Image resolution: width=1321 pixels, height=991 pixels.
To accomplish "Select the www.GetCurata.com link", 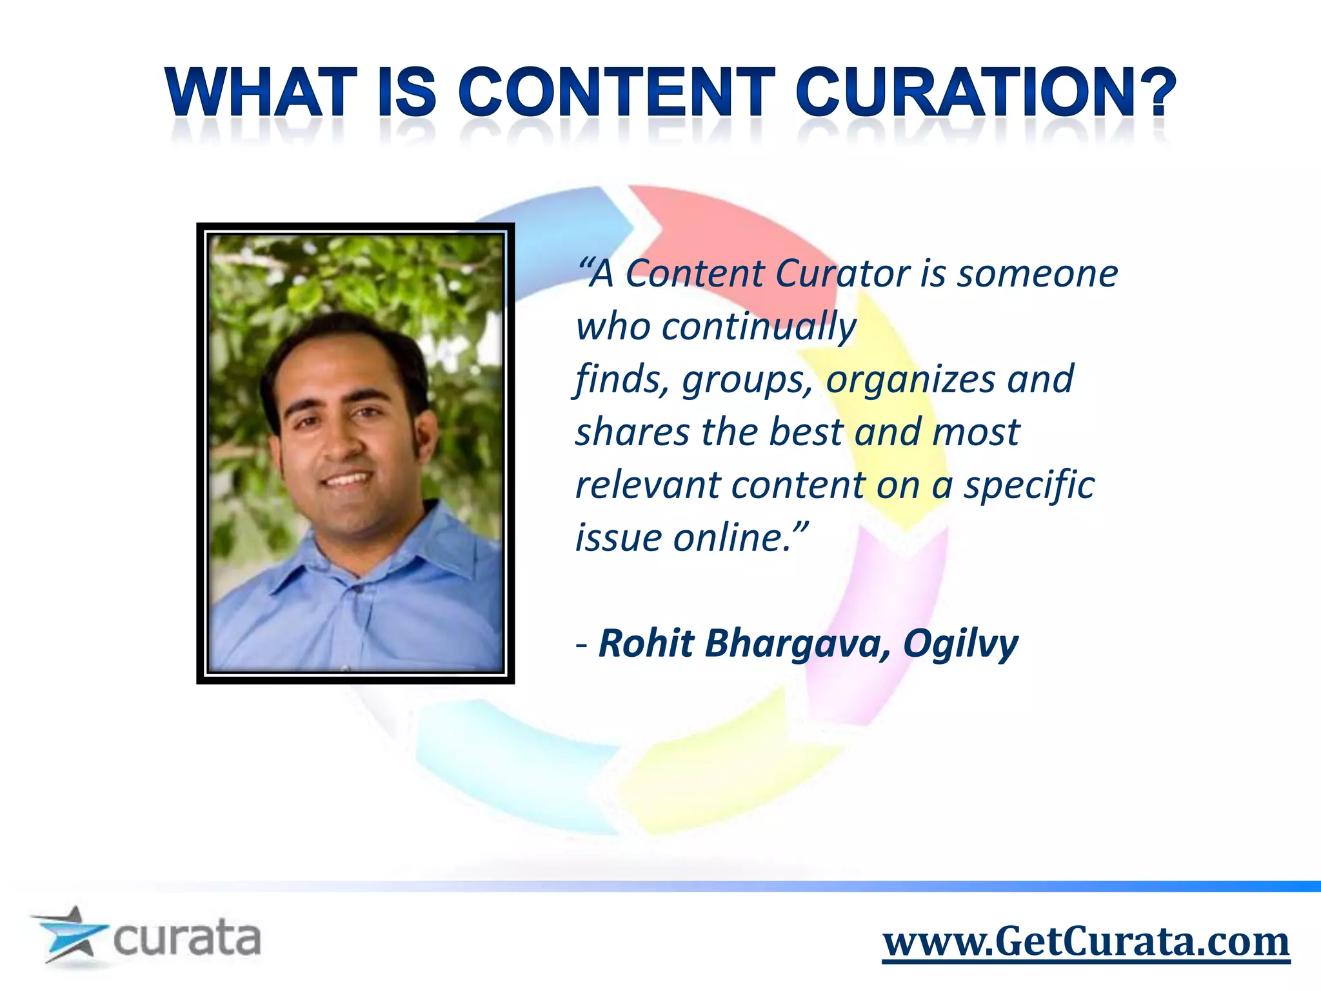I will click(x=1086, y=942).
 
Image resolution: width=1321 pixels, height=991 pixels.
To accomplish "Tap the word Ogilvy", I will click(x=960, y=645).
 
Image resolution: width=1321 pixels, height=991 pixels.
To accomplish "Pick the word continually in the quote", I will click(x=759, y=327).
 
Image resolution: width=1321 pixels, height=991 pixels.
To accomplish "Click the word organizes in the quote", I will click(x=911, y=380).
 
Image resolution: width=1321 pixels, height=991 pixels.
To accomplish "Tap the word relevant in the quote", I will click(x=647, y=485).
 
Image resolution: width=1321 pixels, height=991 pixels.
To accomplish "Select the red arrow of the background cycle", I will click(x=710, y=232).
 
